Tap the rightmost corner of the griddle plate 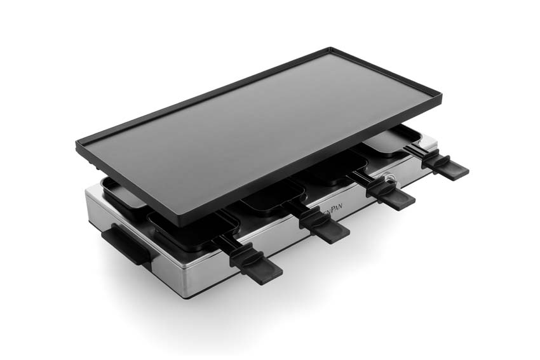[440, 96]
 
